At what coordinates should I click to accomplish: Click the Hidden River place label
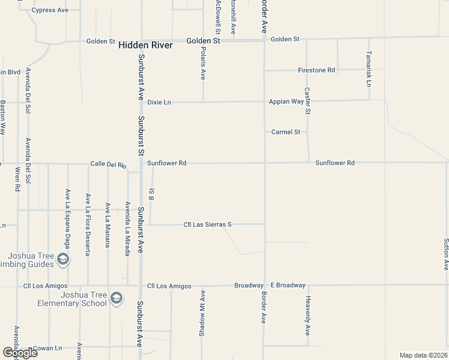145,45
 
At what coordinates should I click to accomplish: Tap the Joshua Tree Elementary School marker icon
117,298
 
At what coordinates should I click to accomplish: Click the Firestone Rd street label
316,70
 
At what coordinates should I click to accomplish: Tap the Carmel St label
285,132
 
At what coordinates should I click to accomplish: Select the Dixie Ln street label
159,103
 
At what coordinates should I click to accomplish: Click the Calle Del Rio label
108,164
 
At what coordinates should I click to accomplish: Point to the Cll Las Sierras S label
207,224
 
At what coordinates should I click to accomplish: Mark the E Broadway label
288,285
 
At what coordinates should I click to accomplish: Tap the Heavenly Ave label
307,316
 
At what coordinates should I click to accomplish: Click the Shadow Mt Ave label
202,314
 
